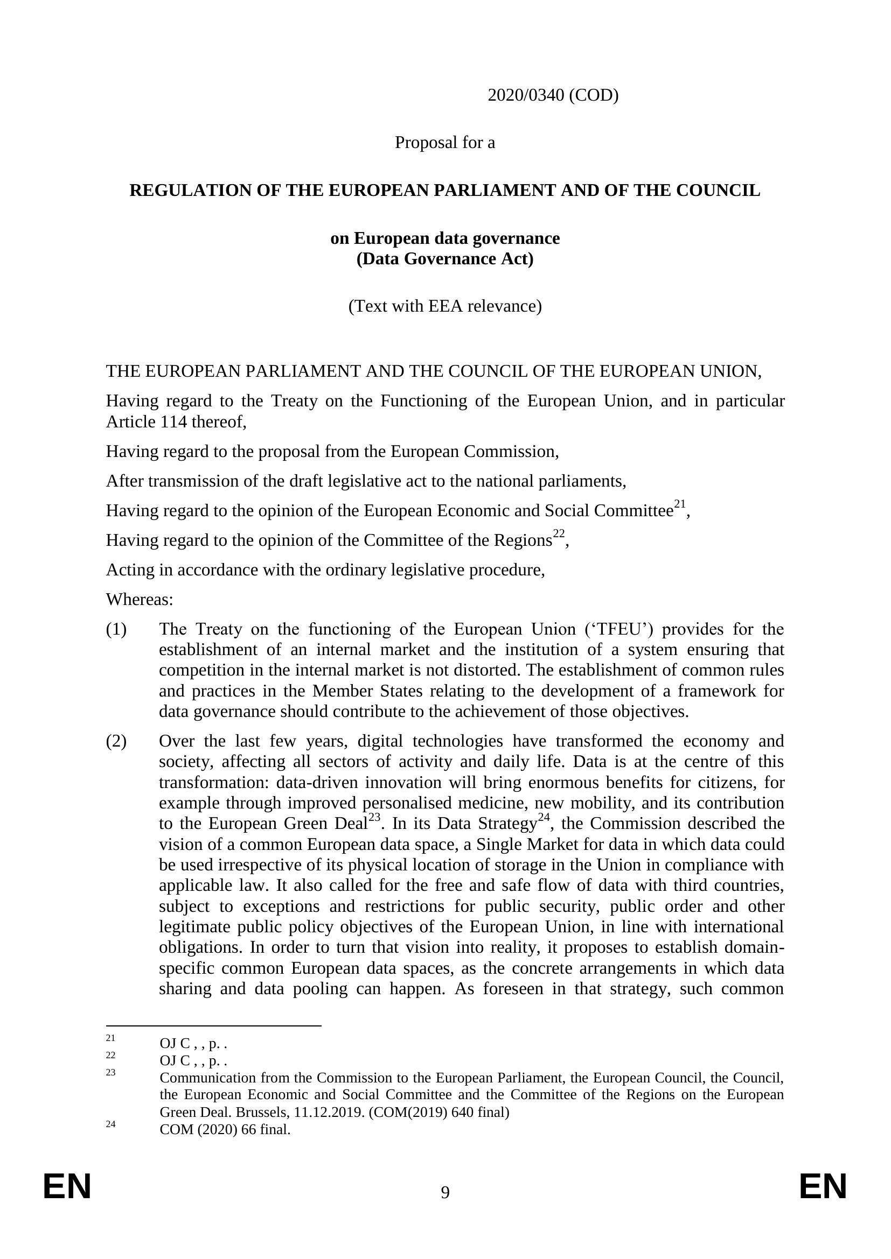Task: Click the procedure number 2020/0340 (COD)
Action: (x=553, y=95)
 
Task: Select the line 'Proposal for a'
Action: (x=445, y=143)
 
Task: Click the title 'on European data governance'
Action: (x=445, y=238)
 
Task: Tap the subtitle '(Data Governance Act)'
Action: (x=445, y=259)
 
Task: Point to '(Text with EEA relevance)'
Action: (x=445, y=306)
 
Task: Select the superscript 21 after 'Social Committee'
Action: (x=680, y=504)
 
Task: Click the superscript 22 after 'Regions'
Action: (x=559, y=533)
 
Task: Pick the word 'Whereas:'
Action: (x=140, y=599)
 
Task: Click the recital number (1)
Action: (x=116, y=629)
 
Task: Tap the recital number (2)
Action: (x=116, y=741)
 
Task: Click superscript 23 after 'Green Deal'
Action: (x=374, y=818)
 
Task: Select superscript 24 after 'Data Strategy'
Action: (x=543, y=818)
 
